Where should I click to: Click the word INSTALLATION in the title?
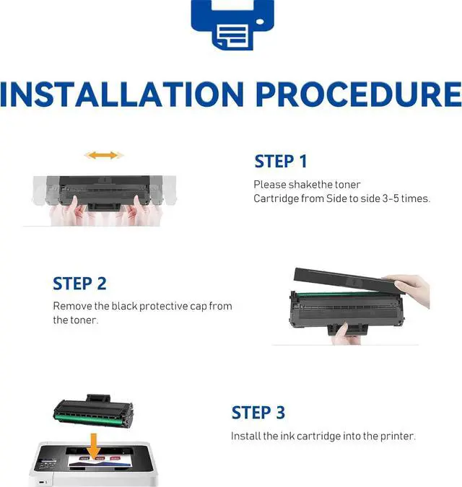pyautogui.click(x=122, y=94)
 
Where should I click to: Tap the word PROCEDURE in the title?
pyautogui.click(x=359, y=94)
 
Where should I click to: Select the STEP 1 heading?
pyautogui.click(x=281, y=162)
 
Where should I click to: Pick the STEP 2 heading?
pyautogui.click(x=79, y=284)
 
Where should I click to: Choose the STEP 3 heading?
pyautogui.click(x=258, y=413)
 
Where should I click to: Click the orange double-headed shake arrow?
pyautogui.click(x=104, y=155)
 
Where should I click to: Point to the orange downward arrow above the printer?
pyautogui.click(x=93, y=446)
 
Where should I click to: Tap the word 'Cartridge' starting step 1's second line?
pyautogui.click(x=272, y=199)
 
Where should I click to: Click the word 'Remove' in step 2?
pyautogui.click(x=72, y=306)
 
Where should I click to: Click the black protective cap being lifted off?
pyautogui.click(x=347, y=281)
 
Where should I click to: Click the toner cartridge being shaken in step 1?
pyautogui.click(x=104, y=193)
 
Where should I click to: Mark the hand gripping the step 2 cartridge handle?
pyautogui.click(x=345, y=334)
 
